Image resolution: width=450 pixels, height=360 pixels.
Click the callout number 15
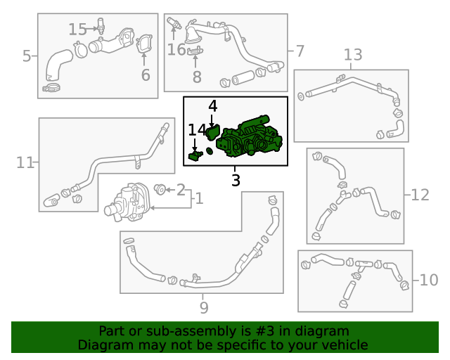pyautogui.click(x=77, y=30)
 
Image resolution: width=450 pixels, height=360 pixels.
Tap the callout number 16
pyautogui.click(x=176, y=49)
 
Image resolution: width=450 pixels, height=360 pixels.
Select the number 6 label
pyautogui.click(x=146, y=75)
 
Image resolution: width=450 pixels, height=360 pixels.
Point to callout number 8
pyautogui.click(x=197, y=77)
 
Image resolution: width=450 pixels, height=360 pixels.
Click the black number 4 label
pyautogui.click(x=212, y=106)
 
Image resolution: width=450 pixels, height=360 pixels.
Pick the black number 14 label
pyautogui.click(x=197, y=130)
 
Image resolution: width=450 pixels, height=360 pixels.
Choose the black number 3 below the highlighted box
pyautogui.click(x=236, y=180)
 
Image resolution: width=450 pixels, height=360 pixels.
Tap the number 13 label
pyautogui.click(x=353, y=55)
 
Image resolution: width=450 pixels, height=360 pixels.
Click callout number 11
pyautogui.click(x=25, y=163)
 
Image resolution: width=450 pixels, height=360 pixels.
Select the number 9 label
pyautogui.click(x=204, y=308)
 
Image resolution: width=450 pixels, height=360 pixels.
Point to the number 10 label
pyautogui.click(x=429, y=280)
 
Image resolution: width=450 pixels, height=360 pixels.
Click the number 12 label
pyautogui.click(x=420, y=195)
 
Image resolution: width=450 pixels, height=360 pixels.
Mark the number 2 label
pyautogui.click(x=181, y=190)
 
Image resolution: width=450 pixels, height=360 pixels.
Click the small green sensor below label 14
pyautogui.click(x=195, y=155)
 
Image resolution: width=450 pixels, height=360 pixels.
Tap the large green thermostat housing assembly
pyautogui.click(x=249, y=137)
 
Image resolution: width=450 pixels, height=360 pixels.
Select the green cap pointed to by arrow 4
pyautogui.click(x=212, y=133)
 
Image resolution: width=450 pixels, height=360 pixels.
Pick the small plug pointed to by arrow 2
pyautogui.click(x=160, y=189)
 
